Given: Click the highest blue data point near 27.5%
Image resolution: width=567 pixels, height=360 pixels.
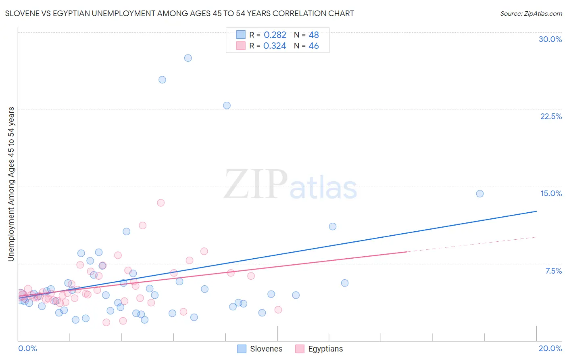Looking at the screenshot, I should pos(188,58).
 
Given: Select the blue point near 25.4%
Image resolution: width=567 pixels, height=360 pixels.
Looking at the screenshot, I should pos(162,80).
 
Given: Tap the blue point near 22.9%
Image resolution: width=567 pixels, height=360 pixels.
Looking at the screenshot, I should pos(227,105).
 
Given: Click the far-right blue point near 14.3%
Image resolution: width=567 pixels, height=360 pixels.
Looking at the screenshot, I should pos(479,194).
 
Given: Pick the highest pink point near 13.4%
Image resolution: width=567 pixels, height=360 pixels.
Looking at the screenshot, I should pos(161,203).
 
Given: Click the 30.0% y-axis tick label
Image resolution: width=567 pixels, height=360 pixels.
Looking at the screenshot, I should pos(550,39).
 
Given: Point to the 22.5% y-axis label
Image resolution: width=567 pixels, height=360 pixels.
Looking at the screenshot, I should pos(551,116).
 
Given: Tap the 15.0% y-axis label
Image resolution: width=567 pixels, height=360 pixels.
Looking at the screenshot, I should pos(551,193).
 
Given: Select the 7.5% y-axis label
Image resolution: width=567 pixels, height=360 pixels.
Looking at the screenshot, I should pos(553,271).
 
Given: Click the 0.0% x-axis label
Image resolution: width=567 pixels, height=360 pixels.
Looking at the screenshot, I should pos(27,348).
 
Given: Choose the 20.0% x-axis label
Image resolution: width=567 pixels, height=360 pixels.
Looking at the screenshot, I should pos(550,348).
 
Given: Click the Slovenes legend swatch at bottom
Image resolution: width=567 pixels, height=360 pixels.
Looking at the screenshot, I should pos(242,349).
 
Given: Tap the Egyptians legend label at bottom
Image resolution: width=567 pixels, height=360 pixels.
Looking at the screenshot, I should pos(325,349).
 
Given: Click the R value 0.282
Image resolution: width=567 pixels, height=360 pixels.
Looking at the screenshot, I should pos(275,35).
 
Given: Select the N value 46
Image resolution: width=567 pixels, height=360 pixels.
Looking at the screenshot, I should pos(313,46).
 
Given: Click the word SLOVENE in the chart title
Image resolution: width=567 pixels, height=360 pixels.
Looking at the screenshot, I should pos(23,13).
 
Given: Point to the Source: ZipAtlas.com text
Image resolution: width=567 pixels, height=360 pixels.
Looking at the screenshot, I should pos(531,14).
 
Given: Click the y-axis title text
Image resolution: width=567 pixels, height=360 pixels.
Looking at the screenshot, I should pos(11,184).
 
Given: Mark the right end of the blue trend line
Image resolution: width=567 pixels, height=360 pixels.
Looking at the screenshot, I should pos(536,211).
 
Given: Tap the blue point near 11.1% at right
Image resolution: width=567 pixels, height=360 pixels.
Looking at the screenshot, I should pos(332,226).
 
